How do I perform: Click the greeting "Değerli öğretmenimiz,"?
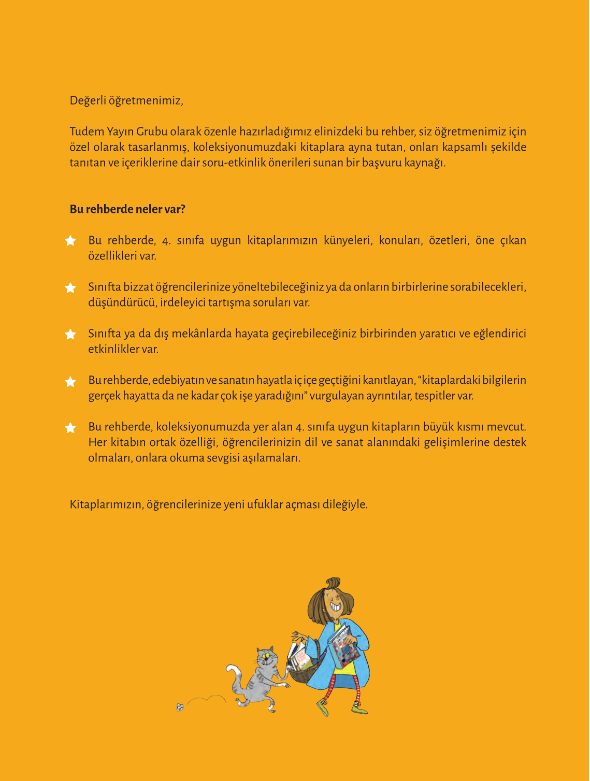point(126,100)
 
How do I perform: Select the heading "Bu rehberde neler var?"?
point(127,209)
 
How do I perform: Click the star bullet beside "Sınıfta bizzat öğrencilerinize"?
point(70,288)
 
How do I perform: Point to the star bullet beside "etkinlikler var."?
point(70,335)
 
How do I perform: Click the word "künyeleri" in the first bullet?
point(348,240)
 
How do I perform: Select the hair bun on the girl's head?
point(333,583)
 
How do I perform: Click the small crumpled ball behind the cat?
point(180,707)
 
